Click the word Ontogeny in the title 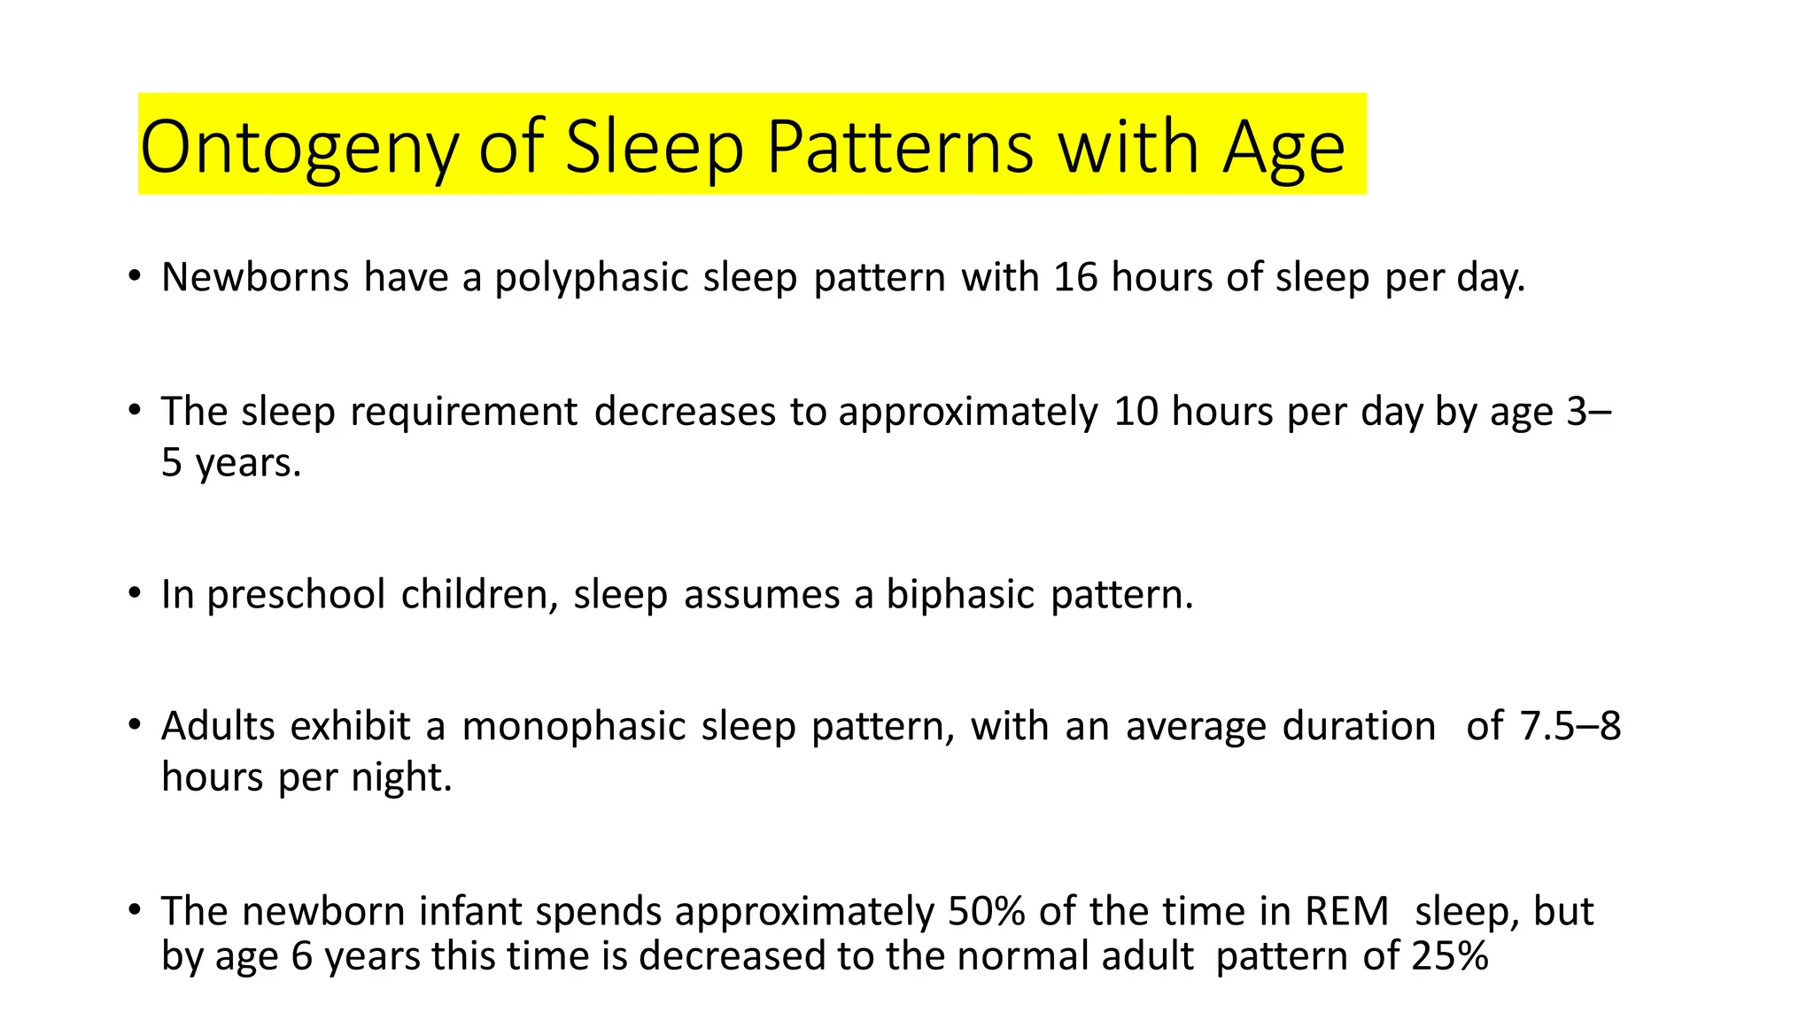(298, 147)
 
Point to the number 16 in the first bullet (1075, 277)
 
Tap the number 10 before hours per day (1136, 412)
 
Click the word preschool (296, 595)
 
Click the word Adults (219, 726)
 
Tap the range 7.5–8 (1570, 726)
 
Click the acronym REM (1346, 911)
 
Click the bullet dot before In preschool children (134, 592)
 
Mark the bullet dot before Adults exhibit (134, 725)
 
